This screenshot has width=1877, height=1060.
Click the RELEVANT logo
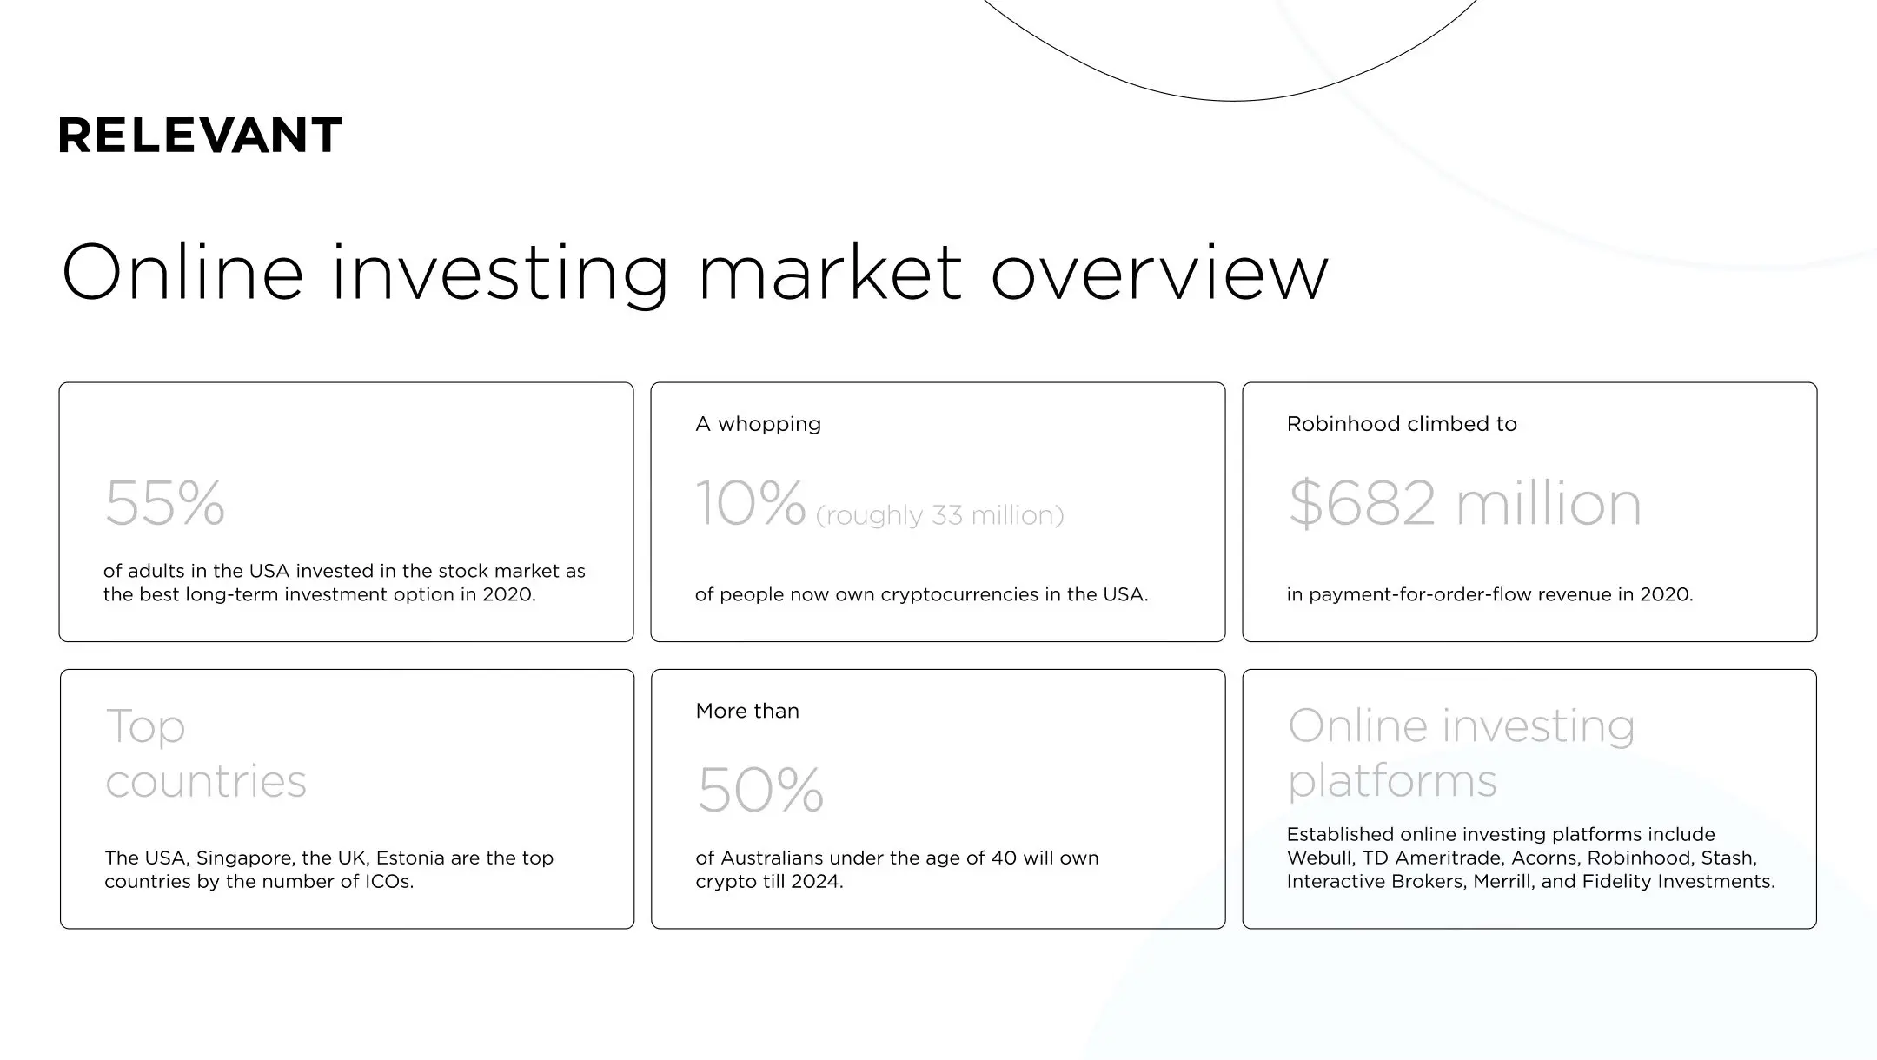[x=200, y=136]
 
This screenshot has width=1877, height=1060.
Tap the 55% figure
[x=165, y=503]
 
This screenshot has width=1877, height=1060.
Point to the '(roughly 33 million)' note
[x=939, y=515]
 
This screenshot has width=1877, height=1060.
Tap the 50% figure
[x=760, y=790]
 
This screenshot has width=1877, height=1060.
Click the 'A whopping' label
[x=758, y=424]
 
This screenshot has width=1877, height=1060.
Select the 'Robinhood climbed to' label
[x=1402, y=424]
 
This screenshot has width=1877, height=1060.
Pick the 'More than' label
[x=747, y=711]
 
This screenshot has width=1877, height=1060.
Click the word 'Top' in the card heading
[x=145, y=726]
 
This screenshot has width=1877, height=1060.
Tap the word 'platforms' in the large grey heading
[x=1392, y=780]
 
